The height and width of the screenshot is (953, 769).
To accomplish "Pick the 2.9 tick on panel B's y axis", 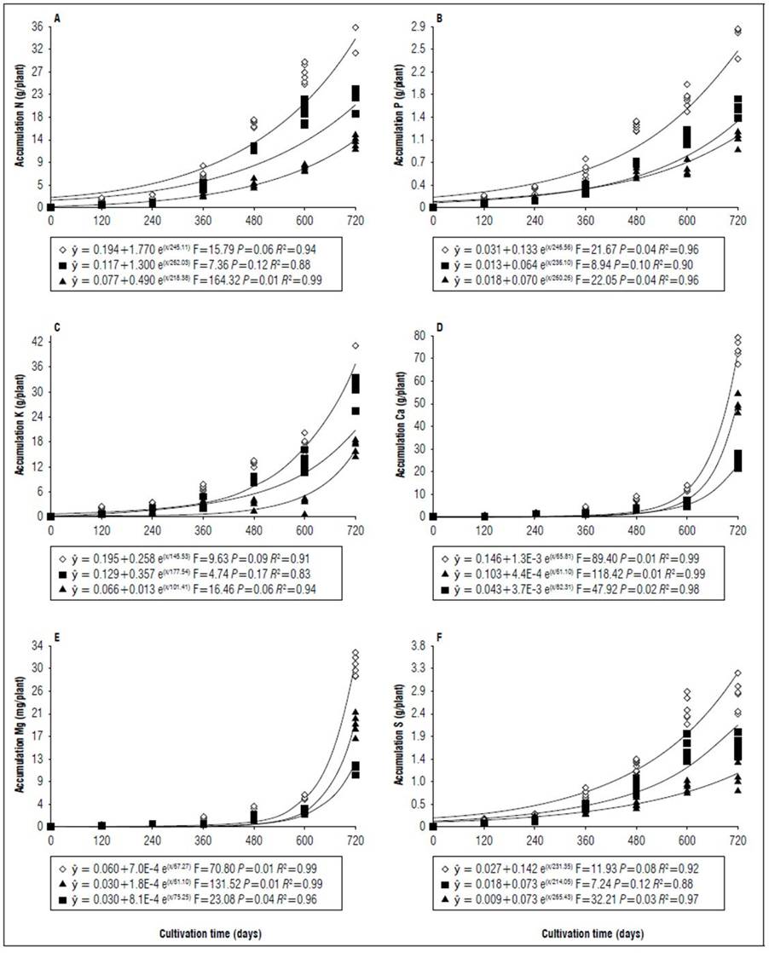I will [418, 27].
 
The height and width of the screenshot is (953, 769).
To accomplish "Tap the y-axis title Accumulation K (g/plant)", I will [17, 427].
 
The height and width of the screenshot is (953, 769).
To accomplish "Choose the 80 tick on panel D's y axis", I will [419, 337].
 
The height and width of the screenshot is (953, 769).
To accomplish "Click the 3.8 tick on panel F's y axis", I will [418, 645].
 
